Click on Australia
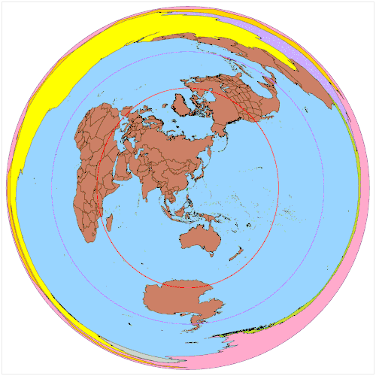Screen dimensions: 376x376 pyautogui.click(x=199, y=238)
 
